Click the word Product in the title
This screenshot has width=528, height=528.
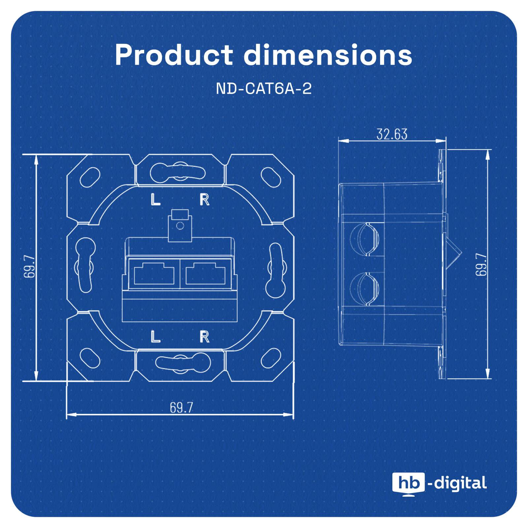174,55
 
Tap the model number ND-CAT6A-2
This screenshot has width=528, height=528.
264,89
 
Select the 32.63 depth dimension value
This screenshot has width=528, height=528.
392,134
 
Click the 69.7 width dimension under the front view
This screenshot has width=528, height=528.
181,408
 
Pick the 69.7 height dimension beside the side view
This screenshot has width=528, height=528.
481,264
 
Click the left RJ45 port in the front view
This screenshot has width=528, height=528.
154,274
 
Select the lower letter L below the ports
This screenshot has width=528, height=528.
155,337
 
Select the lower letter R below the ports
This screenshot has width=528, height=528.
205,337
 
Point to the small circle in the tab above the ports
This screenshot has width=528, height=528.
180,226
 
